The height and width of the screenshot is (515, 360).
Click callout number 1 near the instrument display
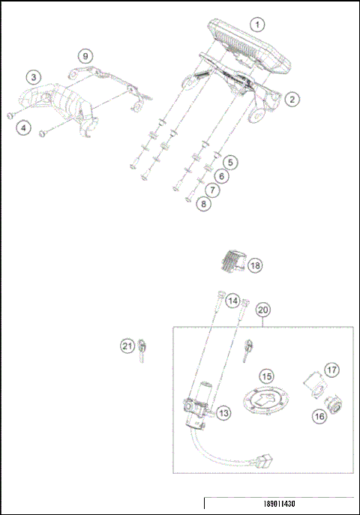point(257,24)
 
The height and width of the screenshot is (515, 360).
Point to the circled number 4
point(25,128)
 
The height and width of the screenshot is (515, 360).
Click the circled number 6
point(220,175)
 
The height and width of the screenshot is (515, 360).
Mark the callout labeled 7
point(213,190)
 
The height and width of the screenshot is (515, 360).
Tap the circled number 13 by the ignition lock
point(224,412)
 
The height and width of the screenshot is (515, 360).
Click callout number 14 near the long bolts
point(233,301)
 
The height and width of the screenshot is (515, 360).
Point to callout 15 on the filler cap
point(266,376)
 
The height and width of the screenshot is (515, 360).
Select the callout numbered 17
point(331,370)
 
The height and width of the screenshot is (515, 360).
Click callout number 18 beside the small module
point(255,265)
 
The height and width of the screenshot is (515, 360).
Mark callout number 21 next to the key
point(127,346)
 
